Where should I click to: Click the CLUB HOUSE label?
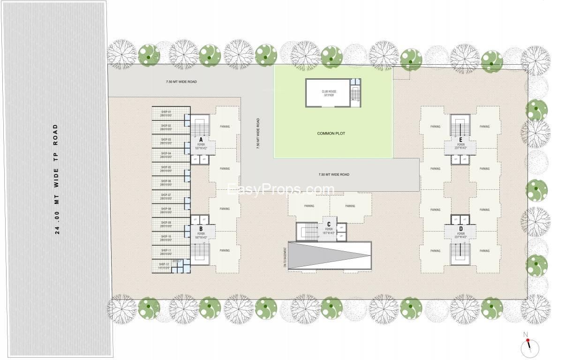click(x=329, y=92)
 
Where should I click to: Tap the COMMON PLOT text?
click(x=331, y=134)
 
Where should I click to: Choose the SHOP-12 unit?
click(x=165, y=267)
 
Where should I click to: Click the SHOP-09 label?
click(x=166, y=222)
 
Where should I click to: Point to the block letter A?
click(x=201, y=140)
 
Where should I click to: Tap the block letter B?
click(x=201, y=229)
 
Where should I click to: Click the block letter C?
click(x=329, y=225)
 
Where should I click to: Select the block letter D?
click(x=461, y=229)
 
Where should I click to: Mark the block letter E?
click(x=461, y=140)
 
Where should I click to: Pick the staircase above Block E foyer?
click(x=460, y=125)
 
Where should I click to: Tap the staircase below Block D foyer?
click(x=460, y=254)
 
